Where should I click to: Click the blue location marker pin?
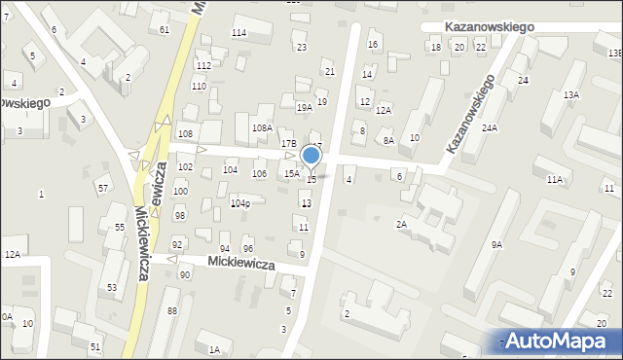[x=311, y=156]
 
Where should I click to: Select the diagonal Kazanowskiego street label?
[x=470, y=114]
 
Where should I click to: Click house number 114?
[x=238, y=33]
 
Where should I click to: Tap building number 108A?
[x=262, y=127]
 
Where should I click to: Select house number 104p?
[x=240, y=203]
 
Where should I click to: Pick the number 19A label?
[x=304, y=108]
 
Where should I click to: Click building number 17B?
[x=289, y=144]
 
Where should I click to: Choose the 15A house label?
[x=291, y=173]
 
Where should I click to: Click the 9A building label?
[x=496, y=245]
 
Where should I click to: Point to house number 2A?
[x=400, y=224]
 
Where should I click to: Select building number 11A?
[x=555, y=180]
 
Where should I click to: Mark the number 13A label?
[x=571, y=94]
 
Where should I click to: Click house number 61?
[x=165, y=30]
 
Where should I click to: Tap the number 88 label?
[x=172, y=310]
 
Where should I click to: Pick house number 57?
[x=102, y=187]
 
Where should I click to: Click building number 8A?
[x=388, y=141]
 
